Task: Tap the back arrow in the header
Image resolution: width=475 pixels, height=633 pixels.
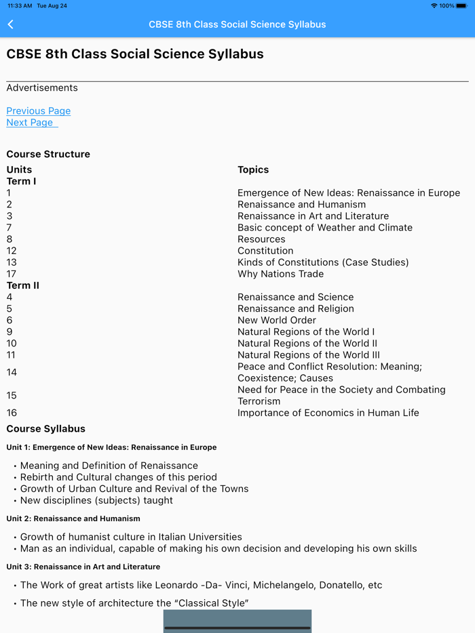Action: coord(11,24)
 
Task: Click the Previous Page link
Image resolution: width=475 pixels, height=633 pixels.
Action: coord(38,111)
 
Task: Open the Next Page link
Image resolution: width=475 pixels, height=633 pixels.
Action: coord(30,123)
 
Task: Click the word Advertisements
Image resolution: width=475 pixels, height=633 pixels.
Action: coord(42,88)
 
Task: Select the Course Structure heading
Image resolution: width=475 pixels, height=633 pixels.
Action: coord(48,155)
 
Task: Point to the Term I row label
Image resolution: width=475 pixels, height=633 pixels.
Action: coord(21,182)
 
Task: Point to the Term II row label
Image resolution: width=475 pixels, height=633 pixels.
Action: coord(23,285)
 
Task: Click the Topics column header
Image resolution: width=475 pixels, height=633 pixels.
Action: coord(253,170)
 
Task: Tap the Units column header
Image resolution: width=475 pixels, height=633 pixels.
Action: coord(19,170)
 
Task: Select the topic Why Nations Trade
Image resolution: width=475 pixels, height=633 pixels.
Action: coord(280,274)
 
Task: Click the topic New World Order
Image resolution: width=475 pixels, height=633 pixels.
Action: coord(276,320)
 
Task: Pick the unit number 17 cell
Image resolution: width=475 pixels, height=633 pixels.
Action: coord(12,274)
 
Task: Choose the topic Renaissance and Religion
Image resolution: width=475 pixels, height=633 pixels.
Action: coord(295,308)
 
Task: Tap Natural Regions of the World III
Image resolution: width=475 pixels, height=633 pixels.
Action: coord(308,355)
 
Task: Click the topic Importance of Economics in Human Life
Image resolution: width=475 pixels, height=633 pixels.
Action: coord(328,413)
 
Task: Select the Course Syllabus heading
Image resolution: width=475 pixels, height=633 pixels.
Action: coord(46,429)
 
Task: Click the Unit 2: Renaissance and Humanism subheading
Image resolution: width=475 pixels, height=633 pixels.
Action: coord(73,518)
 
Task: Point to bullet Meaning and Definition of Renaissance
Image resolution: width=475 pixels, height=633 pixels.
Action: coord(109,466)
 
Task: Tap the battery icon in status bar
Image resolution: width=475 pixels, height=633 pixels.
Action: coord(461,5)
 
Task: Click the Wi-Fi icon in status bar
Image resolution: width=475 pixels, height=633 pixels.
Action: coord(434,5)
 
